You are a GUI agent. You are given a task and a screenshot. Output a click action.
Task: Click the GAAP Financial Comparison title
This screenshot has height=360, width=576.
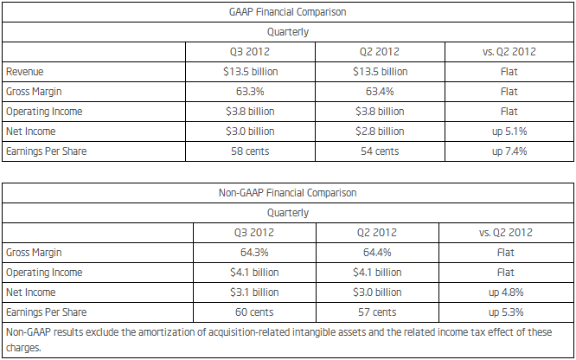tap(287, 12)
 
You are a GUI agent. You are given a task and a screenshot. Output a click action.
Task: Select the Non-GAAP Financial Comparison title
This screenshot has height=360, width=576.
tap(287, 193)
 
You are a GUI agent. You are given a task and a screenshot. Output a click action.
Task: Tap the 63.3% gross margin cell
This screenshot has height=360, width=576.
tap(250, 91)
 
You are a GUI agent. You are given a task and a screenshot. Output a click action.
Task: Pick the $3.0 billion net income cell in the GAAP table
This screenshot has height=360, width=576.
tap(250, 132)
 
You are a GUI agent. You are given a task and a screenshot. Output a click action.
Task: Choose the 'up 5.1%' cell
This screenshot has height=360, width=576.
tap(509, 132)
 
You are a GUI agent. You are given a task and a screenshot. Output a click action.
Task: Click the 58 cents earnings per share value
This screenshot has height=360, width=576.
tap(250, 151)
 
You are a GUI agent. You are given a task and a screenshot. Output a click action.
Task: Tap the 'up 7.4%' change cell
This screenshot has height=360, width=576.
tap(509, 151)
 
